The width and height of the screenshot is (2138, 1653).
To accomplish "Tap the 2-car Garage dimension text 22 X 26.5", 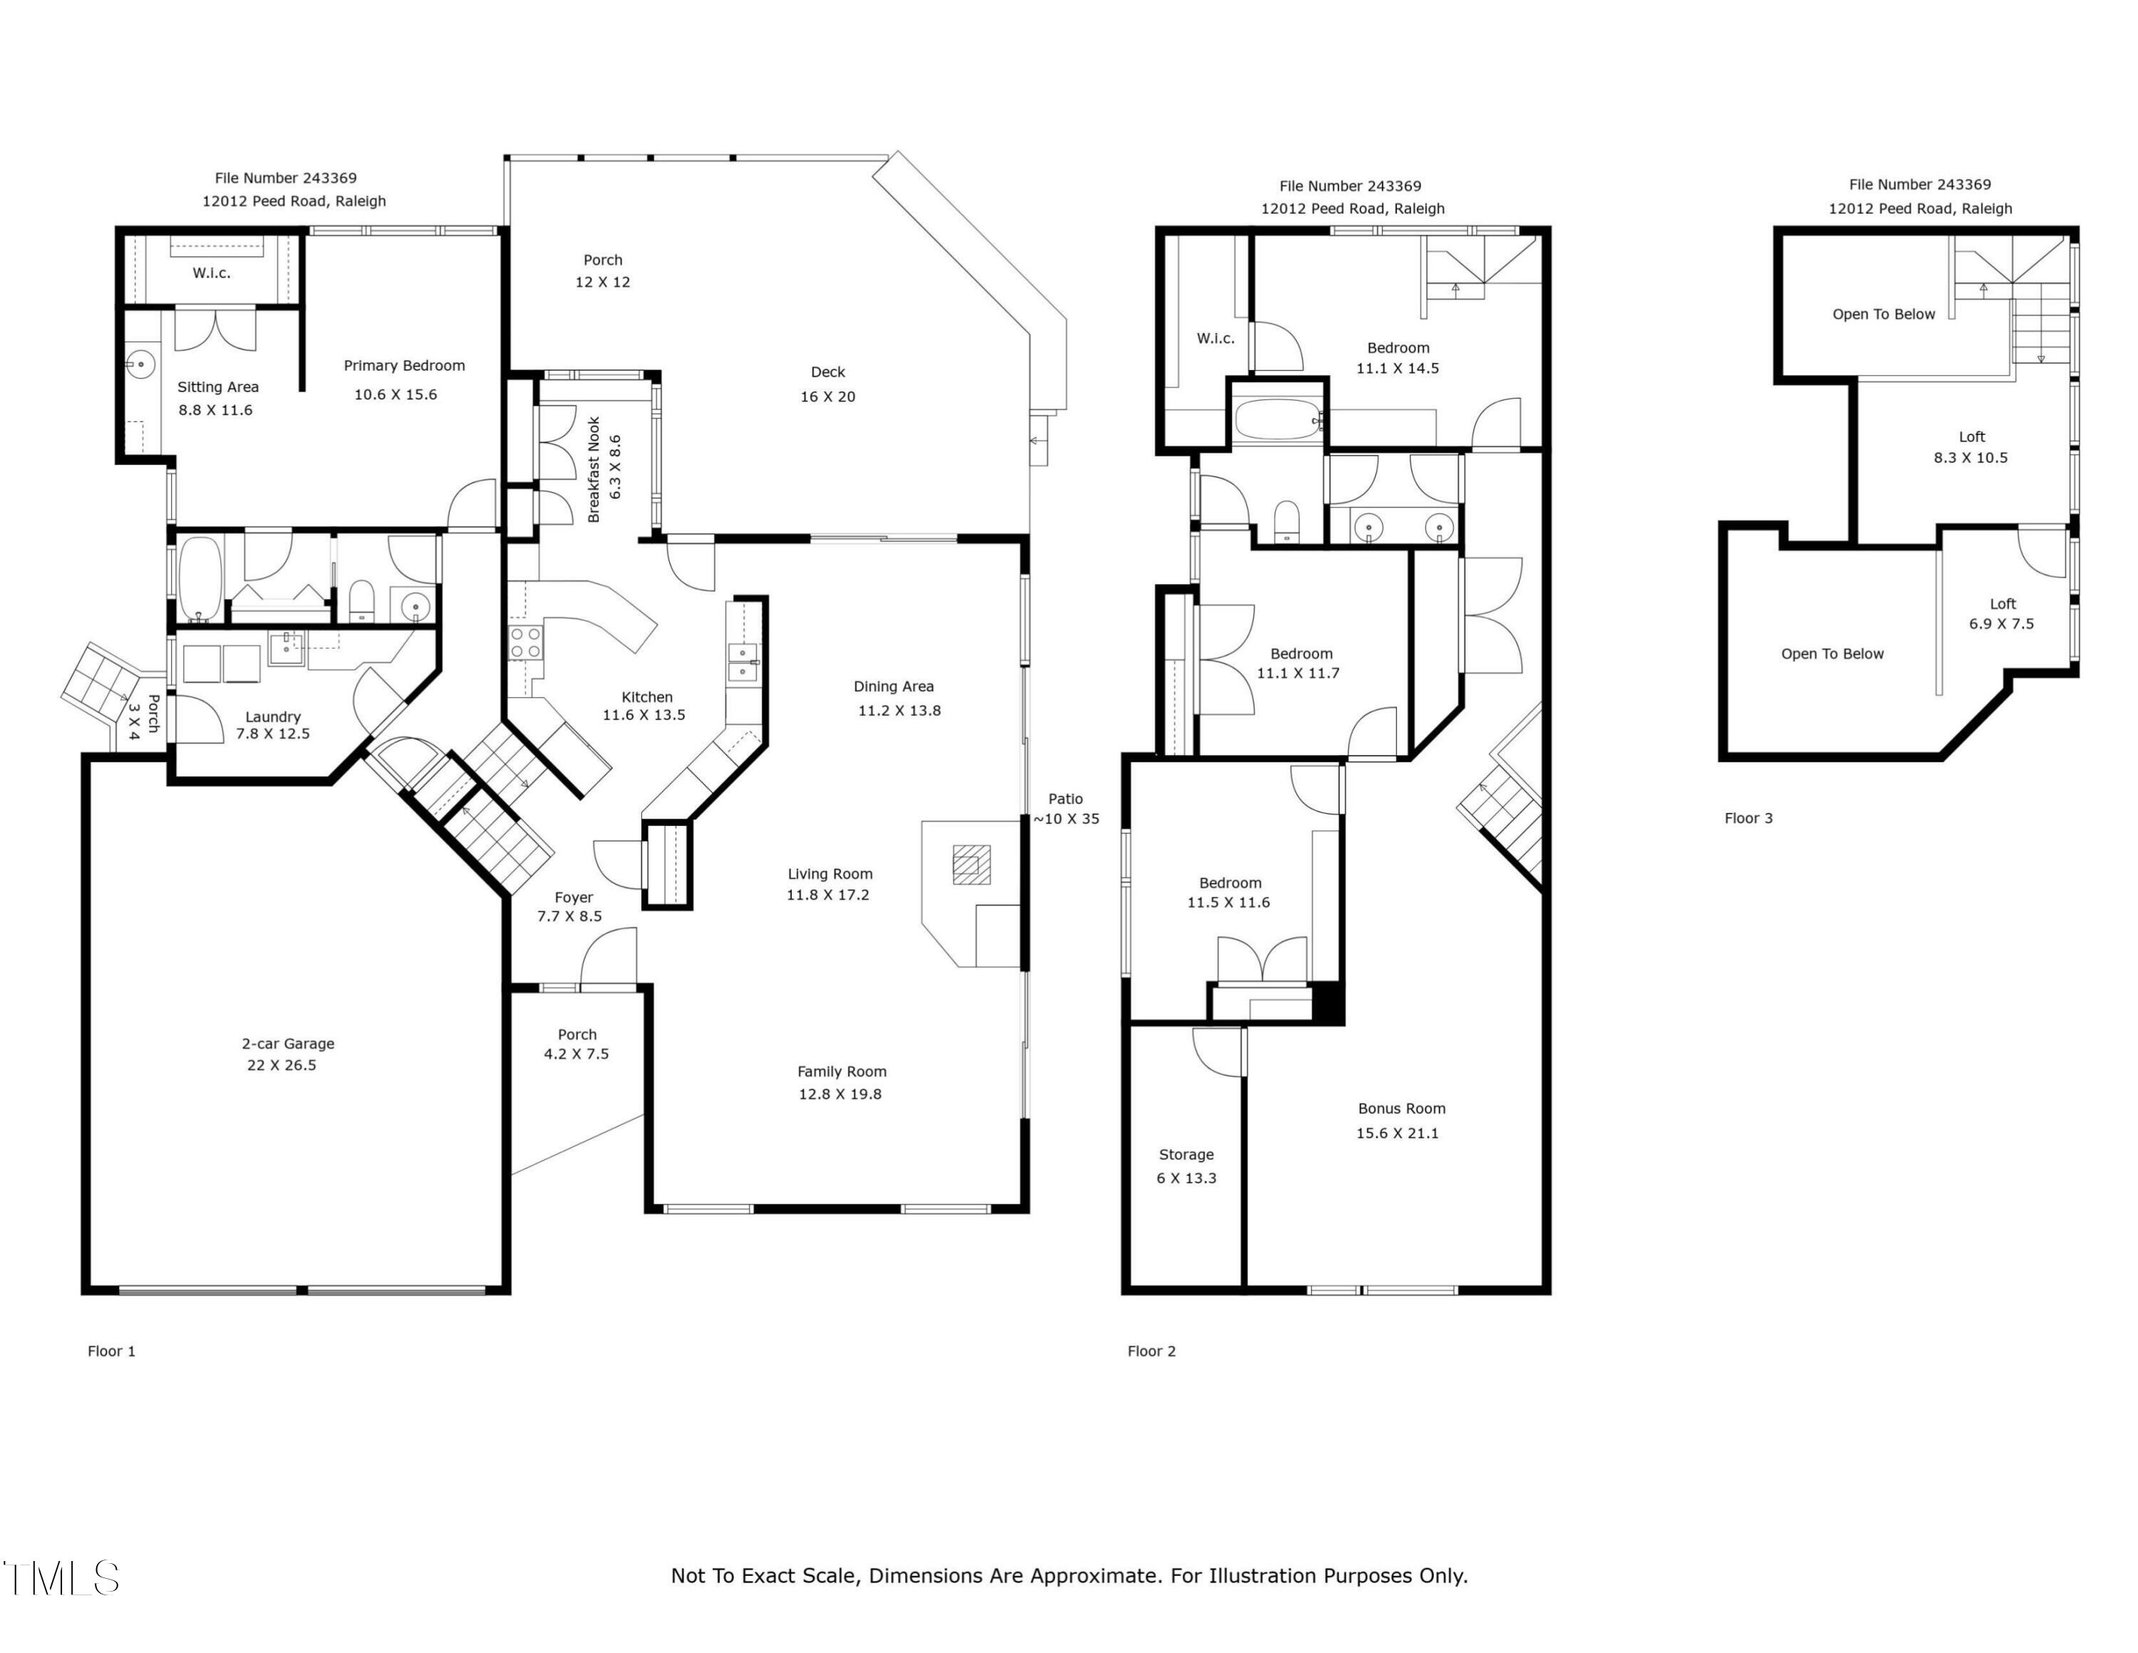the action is (282, 1065).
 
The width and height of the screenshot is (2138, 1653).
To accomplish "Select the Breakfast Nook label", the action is (593, 470).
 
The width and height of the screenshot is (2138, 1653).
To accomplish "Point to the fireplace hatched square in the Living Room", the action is (970, 865).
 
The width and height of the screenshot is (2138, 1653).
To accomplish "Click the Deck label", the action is (828, 372).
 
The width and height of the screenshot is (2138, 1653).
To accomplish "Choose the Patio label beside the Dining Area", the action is (1065, 799).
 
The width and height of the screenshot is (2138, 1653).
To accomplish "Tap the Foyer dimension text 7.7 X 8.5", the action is (569, 916).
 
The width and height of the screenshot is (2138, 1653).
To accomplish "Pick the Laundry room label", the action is (273, 717).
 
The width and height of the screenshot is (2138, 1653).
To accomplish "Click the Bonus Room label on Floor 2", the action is (1402, 1108).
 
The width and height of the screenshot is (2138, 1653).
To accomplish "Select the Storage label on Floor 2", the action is (1187, 1155).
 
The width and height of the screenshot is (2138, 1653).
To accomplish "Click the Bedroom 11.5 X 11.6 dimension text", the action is (1229, 903).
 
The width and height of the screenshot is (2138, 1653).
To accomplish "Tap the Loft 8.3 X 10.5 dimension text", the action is (1971, 457).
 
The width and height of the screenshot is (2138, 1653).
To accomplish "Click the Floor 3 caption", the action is (1748, 819).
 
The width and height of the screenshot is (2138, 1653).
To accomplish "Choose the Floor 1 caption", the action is (112, 1351).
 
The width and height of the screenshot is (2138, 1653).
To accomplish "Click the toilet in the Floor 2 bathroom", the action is (1286, 521).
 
